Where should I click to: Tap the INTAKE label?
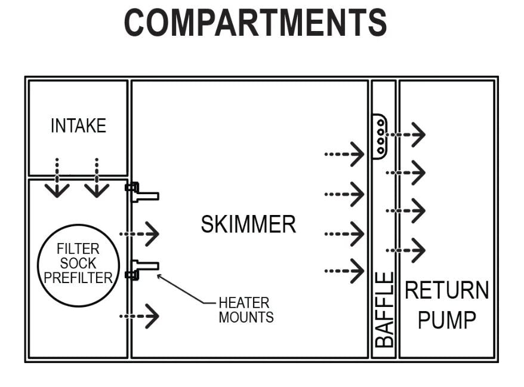tap(78, 126)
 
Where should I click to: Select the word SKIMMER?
tap(248, 225)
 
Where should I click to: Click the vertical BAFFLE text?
tap(385, 309)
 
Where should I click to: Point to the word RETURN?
tap(446, 291)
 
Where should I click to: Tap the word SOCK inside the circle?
tap(78, 263)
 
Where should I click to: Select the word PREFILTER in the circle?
tap(78, 277)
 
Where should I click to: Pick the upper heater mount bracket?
tap(142, 193)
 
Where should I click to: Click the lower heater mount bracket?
tap(142, 268)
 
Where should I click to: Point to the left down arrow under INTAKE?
tap(57, 180)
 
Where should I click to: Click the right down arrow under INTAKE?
tap(96, 180)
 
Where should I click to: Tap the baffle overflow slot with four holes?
tap(380, 136)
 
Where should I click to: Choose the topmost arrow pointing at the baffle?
tap(345, 155)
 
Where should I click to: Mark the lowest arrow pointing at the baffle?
tap(345, 271)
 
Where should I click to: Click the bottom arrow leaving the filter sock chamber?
tap(141, 315)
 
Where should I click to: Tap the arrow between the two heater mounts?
tap(141, 234)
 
